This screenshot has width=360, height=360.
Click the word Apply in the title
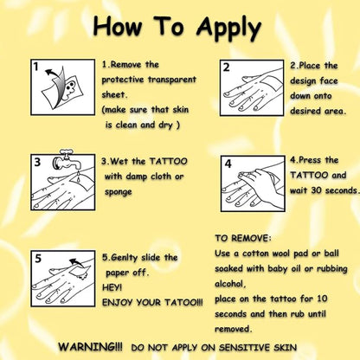228,29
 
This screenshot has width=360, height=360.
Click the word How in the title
118,26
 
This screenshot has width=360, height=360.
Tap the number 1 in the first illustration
35,67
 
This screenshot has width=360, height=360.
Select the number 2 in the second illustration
227,67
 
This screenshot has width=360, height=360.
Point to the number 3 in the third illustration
37,162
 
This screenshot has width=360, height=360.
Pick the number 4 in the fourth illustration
228,164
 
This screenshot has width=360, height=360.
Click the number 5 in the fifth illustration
38,258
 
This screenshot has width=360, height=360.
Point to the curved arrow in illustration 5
76,262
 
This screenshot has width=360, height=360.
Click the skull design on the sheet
69,87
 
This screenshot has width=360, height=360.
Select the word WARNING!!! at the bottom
90,346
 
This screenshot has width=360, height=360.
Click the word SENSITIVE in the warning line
245,347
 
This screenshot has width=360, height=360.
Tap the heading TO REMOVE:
243,238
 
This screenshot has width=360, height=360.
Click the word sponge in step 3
119,192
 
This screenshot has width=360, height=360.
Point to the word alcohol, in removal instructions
230,284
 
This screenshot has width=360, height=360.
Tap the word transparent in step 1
172,80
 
